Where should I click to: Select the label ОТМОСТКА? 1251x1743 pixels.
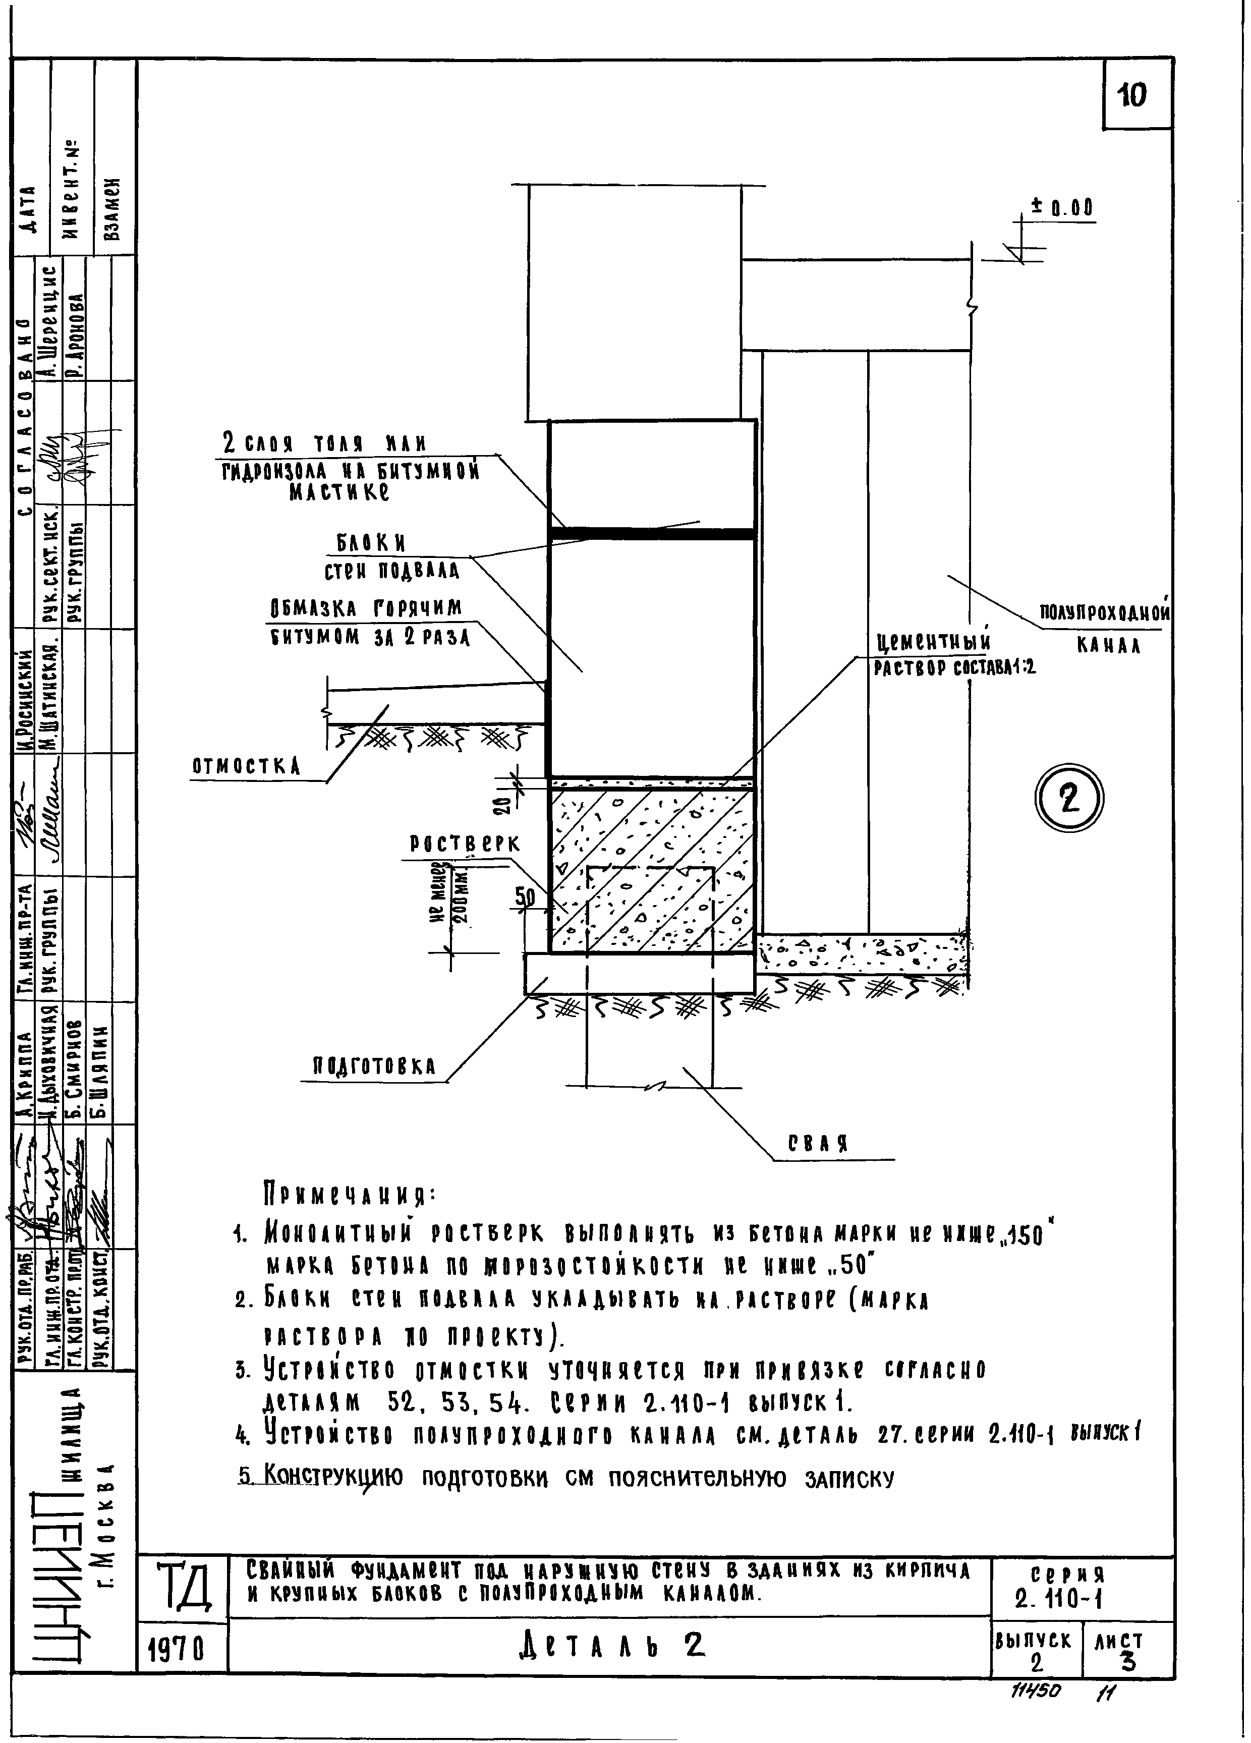point(246,766)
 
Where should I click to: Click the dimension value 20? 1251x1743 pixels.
point(501,805)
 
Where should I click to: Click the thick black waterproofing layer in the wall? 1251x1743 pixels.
point(650,533)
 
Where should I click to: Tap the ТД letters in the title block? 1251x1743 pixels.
point(184,1588)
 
